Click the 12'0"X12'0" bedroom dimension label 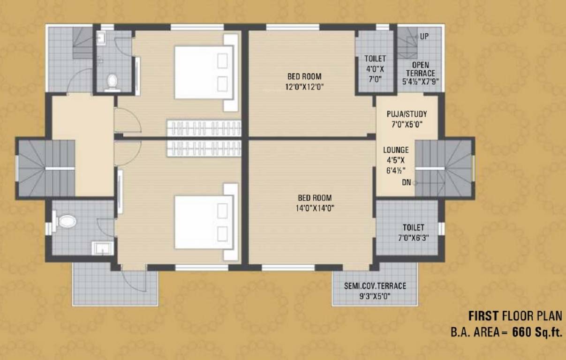click(305, 86)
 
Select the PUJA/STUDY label click(407, 114)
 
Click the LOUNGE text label click(396, 150)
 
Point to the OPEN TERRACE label click(420, 69)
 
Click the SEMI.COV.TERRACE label click(375, 286)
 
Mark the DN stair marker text click(406, 183)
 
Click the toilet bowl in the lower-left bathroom click(66, 221)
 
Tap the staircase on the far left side click(46, 168)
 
